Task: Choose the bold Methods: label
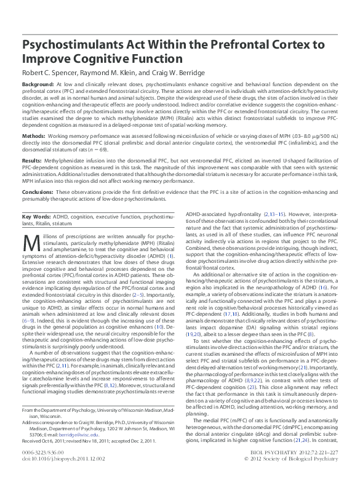pos(34,135)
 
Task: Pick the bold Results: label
pos(33,159)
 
